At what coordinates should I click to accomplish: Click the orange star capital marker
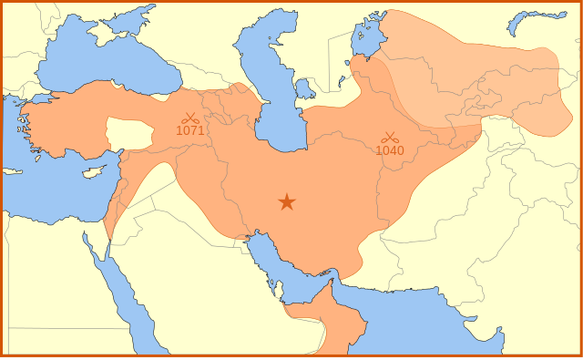click(x=287, y=201)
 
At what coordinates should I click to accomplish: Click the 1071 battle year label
click(x=190, y=130)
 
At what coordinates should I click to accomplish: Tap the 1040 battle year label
click(x=390, y=150)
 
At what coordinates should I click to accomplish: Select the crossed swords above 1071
click(x=189, y=118)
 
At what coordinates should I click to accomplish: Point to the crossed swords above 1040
click(x=390, y=138)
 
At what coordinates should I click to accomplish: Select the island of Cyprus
click(x=92, y=172)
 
